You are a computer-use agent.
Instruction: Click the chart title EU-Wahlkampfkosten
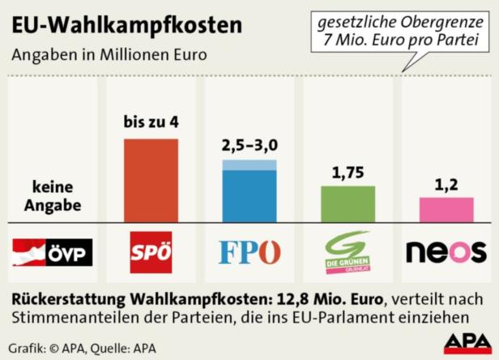pyautogui.click(x=126, y=25)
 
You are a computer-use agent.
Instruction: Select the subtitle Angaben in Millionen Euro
pyautogui.click(x=109, y=55)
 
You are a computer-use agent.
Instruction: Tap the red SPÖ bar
pyautogui.click(x=151, y=180)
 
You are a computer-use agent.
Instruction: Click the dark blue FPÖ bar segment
pyautogui.click(x=249, y=195)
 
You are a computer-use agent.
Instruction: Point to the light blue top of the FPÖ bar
pyautogui.click(x=249, y=165)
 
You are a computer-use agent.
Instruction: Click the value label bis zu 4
pyautogui.click(x=151, y=123)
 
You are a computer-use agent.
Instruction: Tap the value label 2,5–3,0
pyautogui.click(x=249, y=145)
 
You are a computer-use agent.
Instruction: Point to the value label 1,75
pyautogui.click(x=348, y=172)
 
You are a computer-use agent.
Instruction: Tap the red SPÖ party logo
pyautogui.click(x=151, y=252)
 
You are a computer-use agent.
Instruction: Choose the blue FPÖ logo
pyautogui.click(x=249, y=252)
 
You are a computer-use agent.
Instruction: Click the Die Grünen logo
pyautogui.click(x=348, y=252)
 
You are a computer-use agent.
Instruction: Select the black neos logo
pyautogui.click(x=446, y=252)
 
